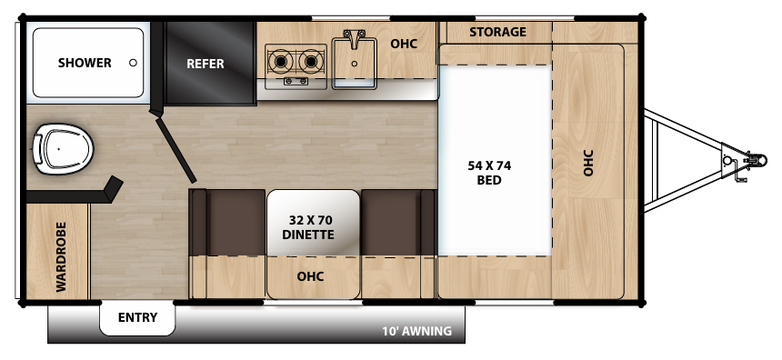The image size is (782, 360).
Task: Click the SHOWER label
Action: coord(85,63)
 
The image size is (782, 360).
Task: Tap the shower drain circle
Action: coord(134,63)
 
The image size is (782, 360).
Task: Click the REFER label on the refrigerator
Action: coord(205,64)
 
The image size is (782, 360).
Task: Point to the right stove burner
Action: coord(312,62)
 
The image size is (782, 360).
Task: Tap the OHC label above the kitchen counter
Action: coord(404,43)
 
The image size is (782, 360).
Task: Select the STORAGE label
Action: coord(497,32)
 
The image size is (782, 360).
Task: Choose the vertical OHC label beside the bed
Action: coord(588,163)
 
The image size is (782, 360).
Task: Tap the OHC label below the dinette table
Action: coord(311,276)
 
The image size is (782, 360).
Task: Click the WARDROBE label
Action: coord(61,256)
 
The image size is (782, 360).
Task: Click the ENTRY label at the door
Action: coord(137,317)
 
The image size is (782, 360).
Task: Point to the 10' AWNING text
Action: coord(416,331)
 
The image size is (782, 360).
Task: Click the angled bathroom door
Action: coord(175,148)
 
